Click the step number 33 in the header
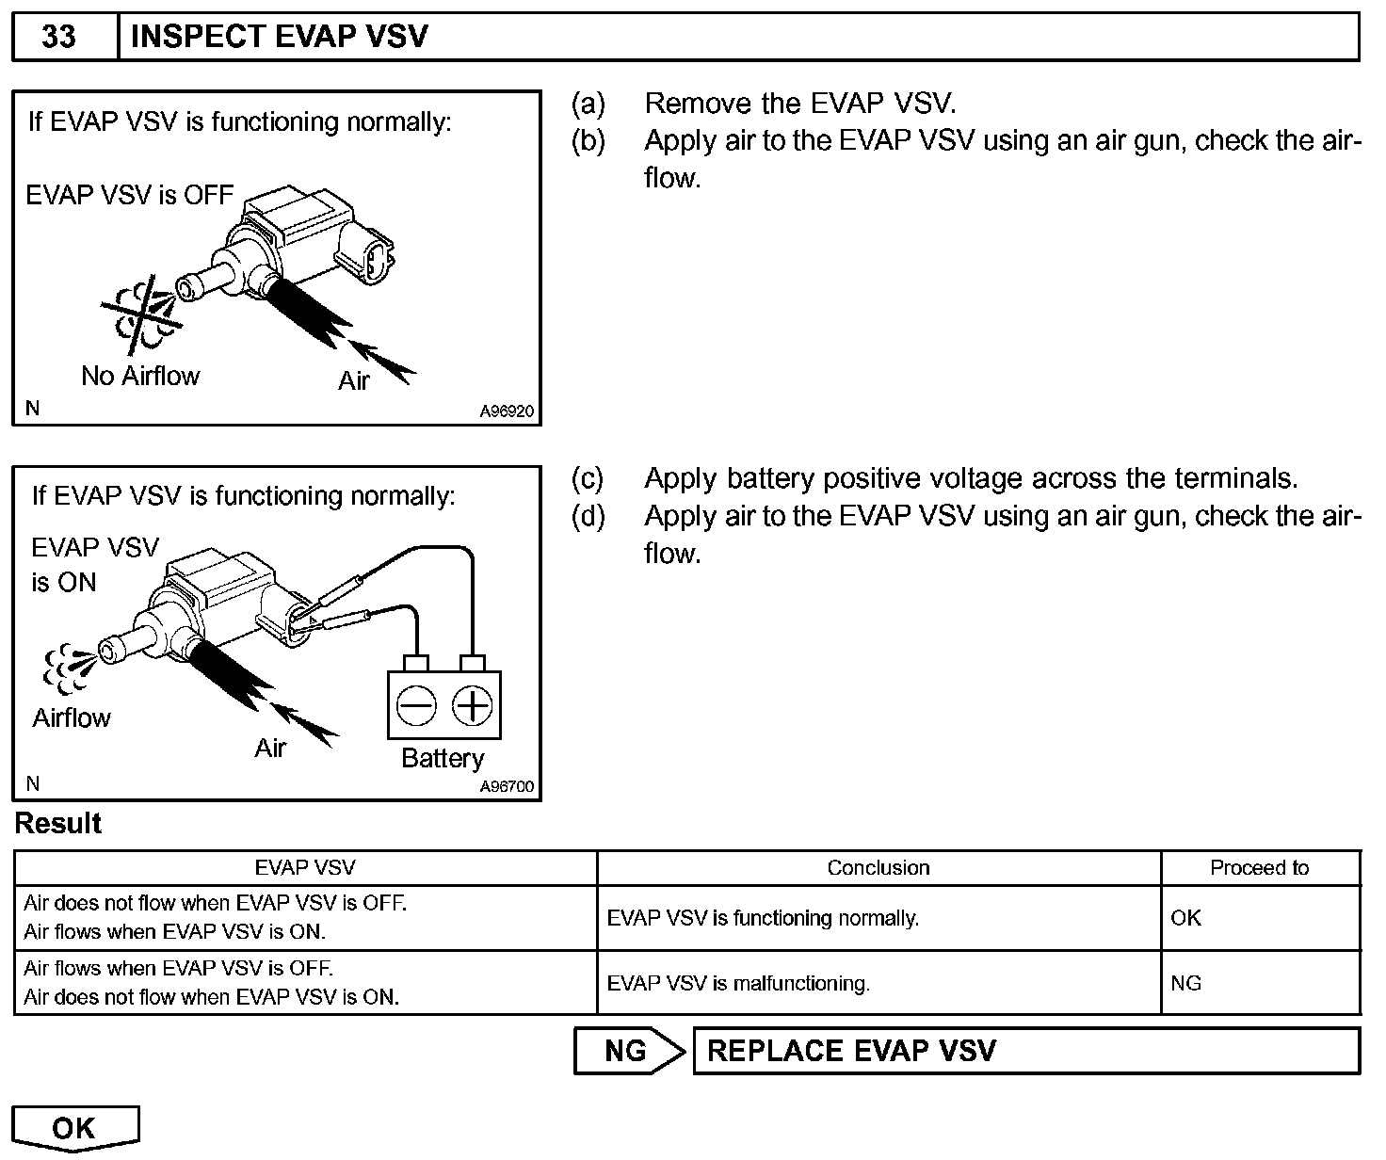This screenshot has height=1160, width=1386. point(60,38)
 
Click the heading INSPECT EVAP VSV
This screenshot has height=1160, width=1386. point(279,38)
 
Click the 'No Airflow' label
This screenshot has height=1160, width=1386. point(140,377)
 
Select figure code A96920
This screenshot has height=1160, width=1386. point(507,411)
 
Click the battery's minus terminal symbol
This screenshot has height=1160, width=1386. point(415,705)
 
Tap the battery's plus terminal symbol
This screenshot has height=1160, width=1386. point(473,705)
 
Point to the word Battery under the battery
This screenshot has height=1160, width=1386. point(443,759)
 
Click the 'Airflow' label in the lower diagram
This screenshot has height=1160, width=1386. point(72,718)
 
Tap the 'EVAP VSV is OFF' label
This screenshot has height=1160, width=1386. point(130,195)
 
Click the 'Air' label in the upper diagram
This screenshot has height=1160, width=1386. point(354,381)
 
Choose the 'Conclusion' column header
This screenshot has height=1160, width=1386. point(878,868)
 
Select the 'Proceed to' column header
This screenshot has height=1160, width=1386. point(1259,868)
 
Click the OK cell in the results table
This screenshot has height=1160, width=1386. point(1186,918)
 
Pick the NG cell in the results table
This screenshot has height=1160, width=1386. point(1186,984)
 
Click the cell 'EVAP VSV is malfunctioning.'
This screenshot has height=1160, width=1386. point(738,984)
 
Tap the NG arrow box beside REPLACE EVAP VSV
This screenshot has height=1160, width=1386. point(628,1051)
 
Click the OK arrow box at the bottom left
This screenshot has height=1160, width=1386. point(74,1128)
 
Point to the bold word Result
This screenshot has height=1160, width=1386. point(58,824)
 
